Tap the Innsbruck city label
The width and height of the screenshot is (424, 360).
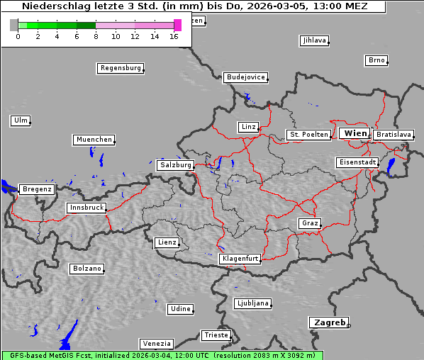click(x=86, y=208)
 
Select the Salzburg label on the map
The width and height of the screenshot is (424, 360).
click(x=175, y=164)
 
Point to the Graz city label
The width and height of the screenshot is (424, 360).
click(x=309, y=223)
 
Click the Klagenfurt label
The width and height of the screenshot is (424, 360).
click(x=240, y=259)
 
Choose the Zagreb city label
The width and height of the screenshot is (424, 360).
click(x=328, y=322)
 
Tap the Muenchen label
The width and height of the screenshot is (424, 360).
click(x=94, y=140)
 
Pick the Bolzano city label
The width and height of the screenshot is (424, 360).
click(x=87, y=269)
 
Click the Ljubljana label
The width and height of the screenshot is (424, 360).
click(x=252, y=303)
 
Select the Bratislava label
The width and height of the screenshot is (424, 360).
click(x=394, y=134)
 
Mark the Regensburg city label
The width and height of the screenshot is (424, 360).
click(x=120, y=68)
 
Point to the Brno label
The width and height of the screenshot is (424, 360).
click(x=376, y=60)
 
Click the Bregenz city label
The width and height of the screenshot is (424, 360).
click(x=37, y=189)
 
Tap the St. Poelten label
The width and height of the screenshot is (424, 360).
click(x=308, y=134)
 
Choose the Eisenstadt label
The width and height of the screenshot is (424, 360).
click(x=357, y=162)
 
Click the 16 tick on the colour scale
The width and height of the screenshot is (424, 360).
click(x=174, y=35)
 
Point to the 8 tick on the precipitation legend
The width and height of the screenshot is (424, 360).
click(x=96, y=35)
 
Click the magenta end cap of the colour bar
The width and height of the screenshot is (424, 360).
click(x=177, y=25)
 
